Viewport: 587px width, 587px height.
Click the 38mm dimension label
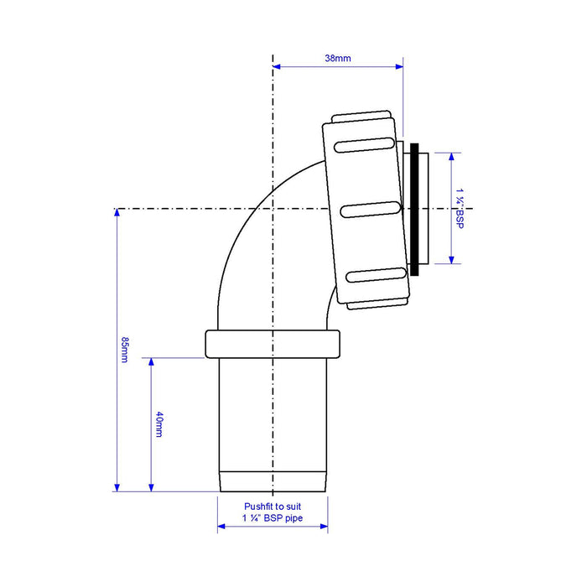point(338,59)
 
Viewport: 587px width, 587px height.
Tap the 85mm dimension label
point(125,350)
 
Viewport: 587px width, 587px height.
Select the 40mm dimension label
point(159,424)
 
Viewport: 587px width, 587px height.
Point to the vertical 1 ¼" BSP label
point(460,208)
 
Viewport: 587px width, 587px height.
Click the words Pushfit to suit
point(273,506)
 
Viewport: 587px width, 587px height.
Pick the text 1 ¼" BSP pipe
point(273,518)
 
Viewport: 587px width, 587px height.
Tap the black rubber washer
point(414,210)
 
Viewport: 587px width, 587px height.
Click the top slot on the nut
point(364,145)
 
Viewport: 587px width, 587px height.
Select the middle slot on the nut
point(371,210)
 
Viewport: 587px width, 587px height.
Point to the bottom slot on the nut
point(377,275)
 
